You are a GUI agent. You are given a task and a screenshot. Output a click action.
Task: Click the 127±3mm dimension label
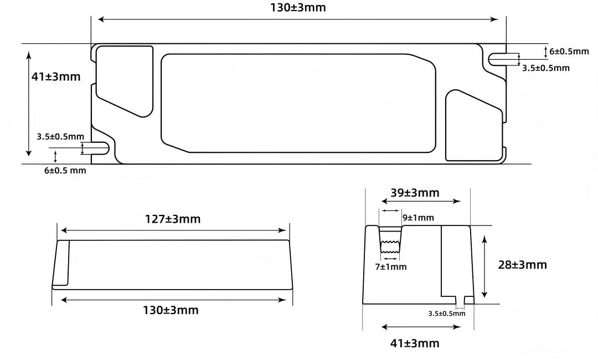[x=172, y=219]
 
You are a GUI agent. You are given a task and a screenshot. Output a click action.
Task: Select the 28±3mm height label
[x=523, y=265]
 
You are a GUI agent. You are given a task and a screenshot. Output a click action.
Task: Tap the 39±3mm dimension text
[x=415, y=193]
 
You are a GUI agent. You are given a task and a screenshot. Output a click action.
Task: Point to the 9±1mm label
[x=419, y=218]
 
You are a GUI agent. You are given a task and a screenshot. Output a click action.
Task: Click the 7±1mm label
[x=391, y=267]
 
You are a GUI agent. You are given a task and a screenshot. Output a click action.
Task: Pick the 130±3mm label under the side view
[x=171, y=310]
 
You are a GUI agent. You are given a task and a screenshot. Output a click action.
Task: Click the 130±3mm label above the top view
[x=298, y=8]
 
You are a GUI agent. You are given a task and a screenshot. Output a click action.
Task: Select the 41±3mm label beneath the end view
[x=415, y=343]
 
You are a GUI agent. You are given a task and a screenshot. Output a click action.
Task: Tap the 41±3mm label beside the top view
[x=56, y=76]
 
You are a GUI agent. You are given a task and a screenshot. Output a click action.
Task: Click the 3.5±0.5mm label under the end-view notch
[x=447, y=313]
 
